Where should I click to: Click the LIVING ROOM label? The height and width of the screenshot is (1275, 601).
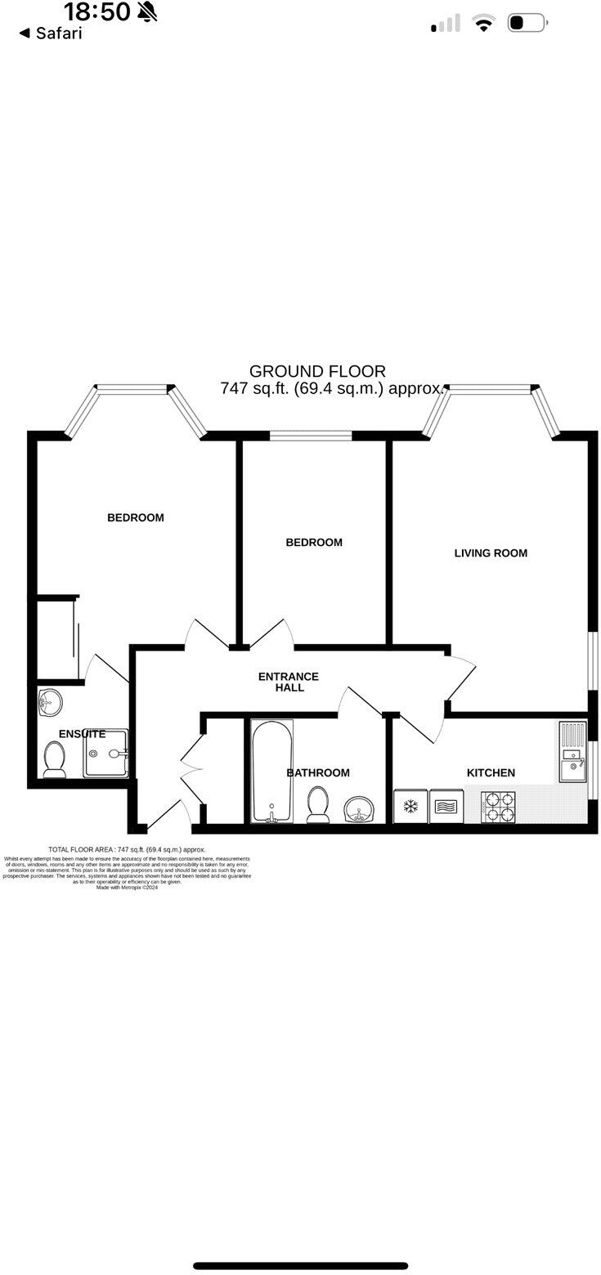pos(491,553)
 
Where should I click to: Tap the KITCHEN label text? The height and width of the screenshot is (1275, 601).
pos(491,772)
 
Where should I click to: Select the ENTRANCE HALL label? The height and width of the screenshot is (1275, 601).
pos(289,682)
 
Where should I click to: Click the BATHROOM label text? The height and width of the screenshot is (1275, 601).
pos(318,772)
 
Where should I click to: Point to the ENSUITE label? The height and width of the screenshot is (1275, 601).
pos(82,734)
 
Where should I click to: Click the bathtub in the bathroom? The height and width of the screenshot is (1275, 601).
pos(271,771)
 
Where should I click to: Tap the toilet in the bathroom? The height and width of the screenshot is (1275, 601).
pos(318,804)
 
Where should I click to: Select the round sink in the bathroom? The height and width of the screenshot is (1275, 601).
pos(360,809)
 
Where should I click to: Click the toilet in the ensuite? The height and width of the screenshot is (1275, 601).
pos(55,758)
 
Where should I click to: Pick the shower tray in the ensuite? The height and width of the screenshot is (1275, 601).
pos(106,754)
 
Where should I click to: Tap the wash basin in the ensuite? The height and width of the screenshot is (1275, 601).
pos(50,700)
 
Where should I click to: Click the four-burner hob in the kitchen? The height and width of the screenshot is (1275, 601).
pos(498,807)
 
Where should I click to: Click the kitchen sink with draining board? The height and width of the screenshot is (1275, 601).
pos(573,751)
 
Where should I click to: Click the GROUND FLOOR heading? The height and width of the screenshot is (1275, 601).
pos(317,372)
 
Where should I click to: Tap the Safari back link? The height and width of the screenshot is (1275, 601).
pos(51,34)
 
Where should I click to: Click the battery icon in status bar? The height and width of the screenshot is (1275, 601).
pos(527,24)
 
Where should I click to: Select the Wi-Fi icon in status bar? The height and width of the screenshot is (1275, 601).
pos(484,24)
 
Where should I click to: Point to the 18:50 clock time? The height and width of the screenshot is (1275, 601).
pos(96,11)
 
